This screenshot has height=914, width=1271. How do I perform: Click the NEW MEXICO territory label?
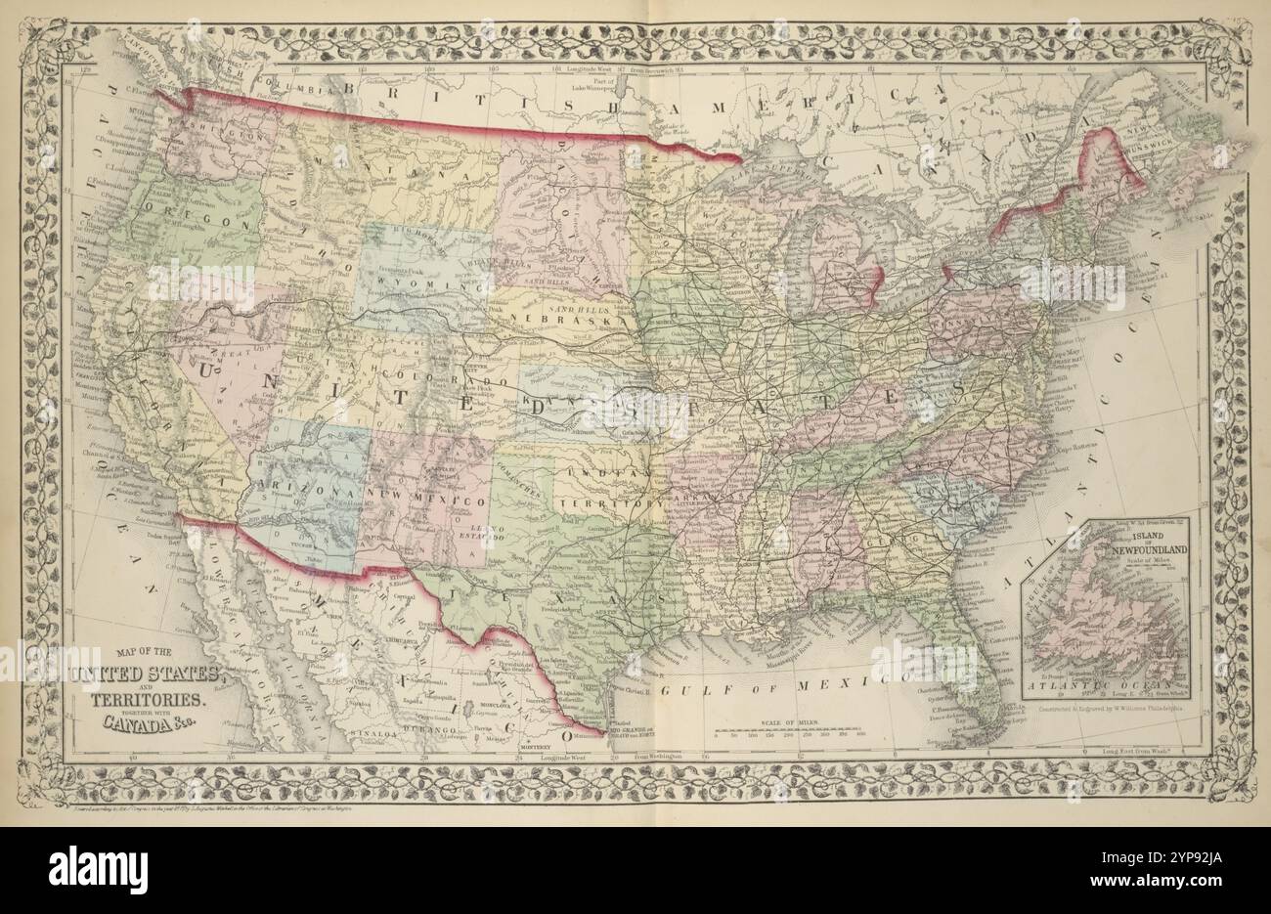428,501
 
